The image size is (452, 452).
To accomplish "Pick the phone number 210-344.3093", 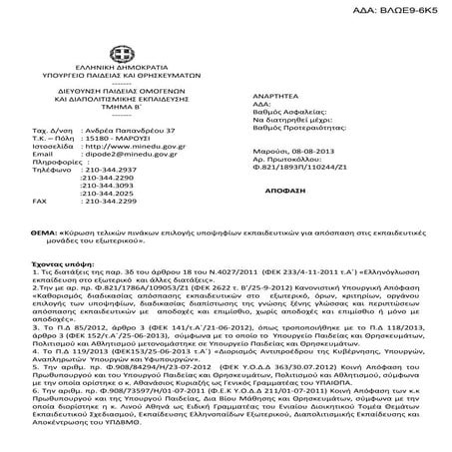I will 109,191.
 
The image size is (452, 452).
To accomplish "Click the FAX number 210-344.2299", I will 107,209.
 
